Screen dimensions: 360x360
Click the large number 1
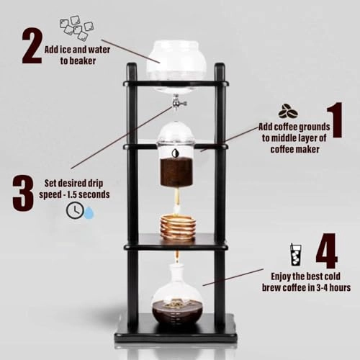point(333,122)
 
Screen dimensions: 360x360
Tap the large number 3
point(23,192)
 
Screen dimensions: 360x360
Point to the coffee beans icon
point(288,112)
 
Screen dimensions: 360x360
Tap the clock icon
point(74,210)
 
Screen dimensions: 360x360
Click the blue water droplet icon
point(89,212)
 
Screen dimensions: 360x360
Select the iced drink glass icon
point(295,254)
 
